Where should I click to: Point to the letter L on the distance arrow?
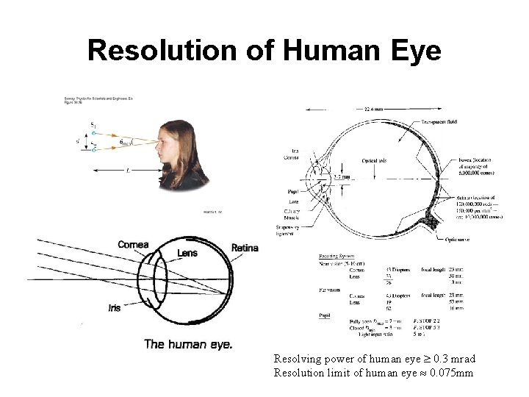pos(128,170)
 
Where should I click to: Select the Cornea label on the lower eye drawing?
pos(132,245)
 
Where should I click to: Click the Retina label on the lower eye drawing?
pos(245,248)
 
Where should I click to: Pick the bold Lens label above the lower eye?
pos(187,254)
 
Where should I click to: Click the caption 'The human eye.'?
pos(188,343)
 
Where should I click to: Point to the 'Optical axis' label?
pos(375,160)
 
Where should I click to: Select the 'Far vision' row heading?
pos(328,290)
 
